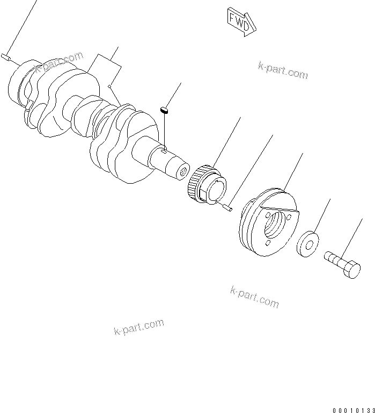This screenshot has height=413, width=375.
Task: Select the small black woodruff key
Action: click(166, 110)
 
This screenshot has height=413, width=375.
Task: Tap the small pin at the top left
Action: click(6, 56)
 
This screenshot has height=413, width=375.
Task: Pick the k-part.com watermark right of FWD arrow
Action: click(283, 70)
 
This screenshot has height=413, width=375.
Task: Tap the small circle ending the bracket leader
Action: click(109, 85)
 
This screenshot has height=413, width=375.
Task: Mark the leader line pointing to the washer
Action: click(321, 215)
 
